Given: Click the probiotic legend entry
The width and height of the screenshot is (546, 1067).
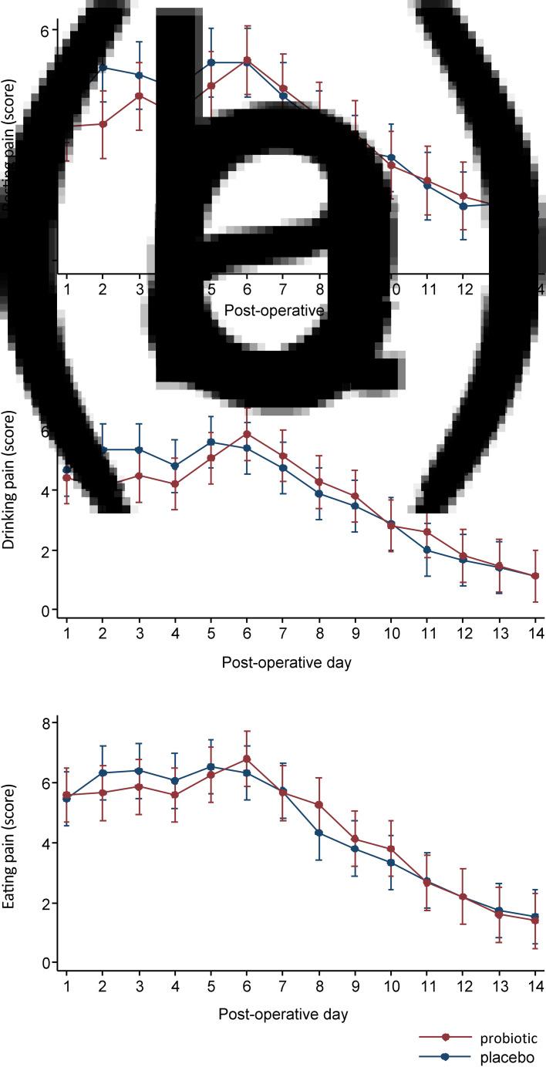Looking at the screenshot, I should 501,1038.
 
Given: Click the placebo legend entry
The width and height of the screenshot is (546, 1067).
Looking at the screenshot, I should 501,1058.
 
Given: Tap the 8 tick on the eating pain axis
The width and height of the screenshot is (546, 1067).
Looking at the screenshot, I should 45,723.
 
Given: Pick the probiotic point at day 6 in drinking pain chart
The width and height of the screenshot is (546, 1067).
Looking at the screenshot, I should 247,434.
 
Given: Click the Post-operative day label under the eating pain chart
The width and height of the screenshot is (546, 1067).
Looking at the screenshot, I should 285,1014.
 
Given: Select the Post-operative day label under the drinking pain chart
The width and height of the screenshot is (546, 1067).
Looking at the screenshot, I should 285,662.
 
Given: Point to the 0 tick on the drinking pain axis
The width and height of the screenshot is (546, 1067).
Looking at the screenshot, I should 45,611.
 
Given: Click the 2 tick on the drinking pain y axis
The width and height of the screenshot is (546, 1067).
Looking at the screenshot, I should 45,551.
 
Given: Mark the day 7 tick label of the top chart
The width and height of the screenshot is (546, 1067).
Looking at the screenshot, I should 283,290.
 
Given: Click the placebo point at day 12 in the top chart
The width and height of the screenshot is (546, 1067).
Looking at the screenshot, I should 464,206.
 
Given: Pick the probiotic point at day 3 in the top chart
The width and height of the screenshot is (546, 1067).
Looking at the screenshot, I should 139,96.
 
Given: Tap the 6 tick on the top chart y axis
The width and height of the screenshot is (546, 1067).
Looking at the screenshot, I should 45,30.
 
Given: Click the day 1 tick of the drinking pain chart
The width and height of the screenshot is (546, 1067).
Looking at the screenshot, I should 66,633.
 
